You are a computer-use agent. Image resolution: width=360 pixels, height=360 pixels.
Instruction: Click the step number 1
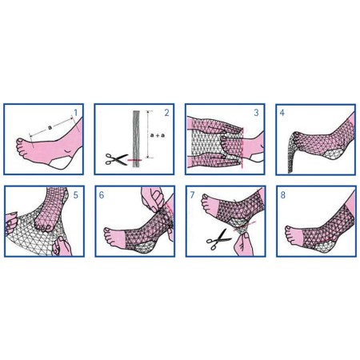75,112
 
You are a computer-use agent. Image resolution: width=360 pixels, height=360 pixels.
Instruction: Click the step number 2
167,112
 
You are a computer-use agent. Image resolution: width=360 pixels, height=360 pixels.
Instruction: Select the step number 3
257,113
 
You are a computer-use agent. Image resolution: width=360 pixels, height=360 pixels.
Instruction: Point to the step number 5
75,194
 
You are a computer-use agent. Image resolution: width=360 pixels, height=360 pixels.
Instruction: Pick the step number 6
102,194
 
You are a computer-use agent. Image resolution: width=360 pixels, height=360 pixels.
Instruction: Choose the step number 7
193,194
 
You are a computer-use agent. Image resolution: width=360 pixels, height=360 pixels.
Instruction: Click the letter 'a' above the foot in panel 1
49,126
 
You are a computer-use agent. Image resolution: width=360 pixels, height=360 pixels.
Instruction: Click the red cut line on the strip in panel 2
135,161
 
